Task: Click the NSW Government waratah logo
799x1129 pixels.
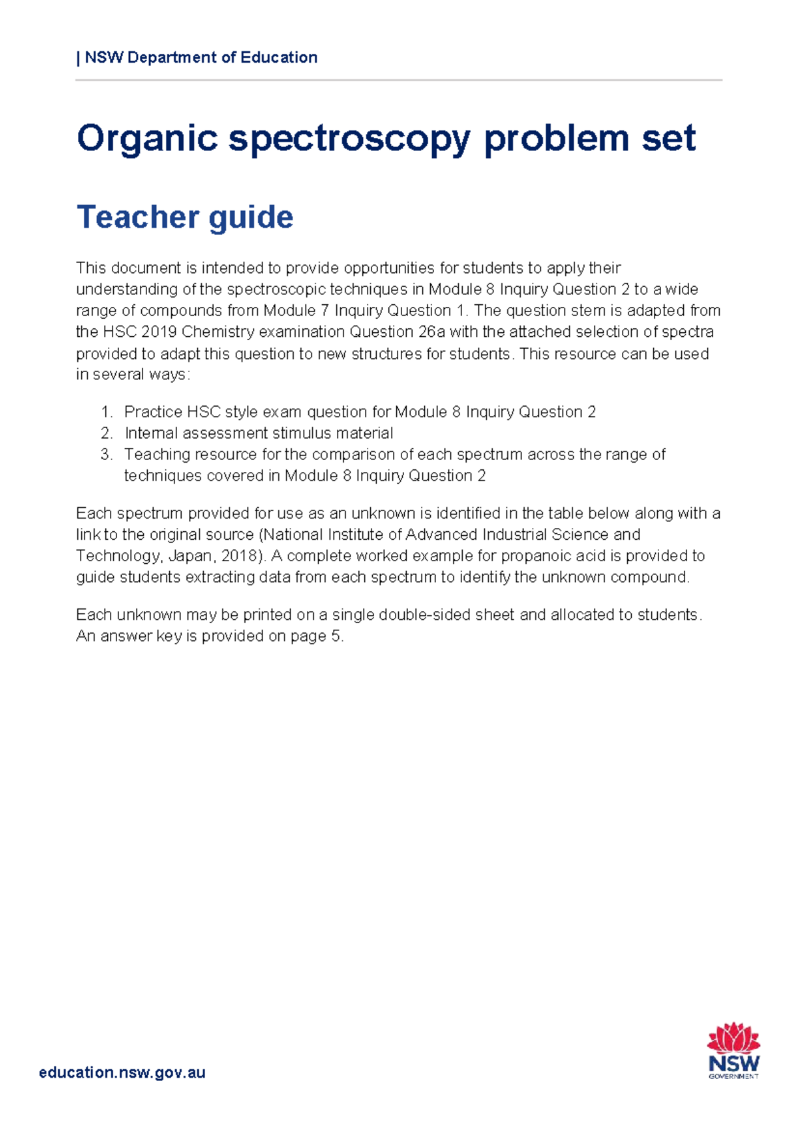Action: (x=733, y=1050)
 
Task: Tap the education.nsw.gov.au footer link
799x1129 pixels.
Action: (x=122, y=1072)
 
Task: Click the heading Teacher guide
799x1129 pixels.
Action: (x=185, y=217)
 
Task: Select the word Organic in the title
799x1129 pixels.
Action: (x=147, y=138)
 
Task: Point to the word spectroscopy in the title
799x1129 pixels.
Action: (x=349, y=138)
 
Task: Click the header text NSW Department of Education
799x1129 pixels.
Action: (x=200, y=57)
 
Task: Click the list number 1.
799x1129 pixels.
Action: (x=106, y=412)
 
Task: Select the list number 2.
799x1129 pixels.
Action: (x=106, y=433)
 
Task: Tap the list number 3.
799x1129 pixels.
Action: (x=106, y=455)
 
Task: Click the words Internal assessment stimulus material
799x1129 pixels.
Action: (x=258, y=433)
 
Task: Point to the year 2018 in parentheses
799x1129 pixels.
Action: (x=239, y=556)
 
